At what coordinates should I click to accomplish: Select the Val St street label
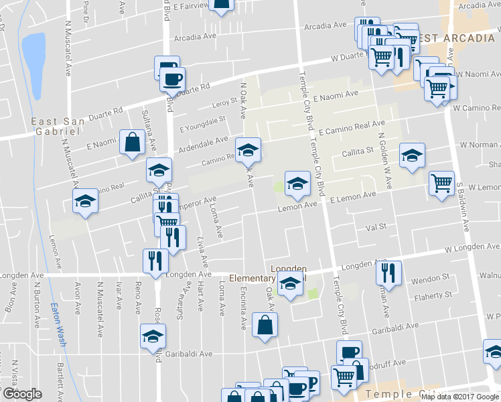(376, 227)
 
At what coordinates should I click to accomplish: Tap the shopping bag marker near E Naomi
(132, 142)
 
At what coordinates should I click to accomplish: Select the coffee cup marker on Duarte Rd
(172, 78)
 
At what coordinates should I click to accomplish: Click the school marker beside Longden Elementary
(290, 285)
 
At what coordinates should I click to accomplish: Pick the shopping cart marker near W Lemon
(441, 183)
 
